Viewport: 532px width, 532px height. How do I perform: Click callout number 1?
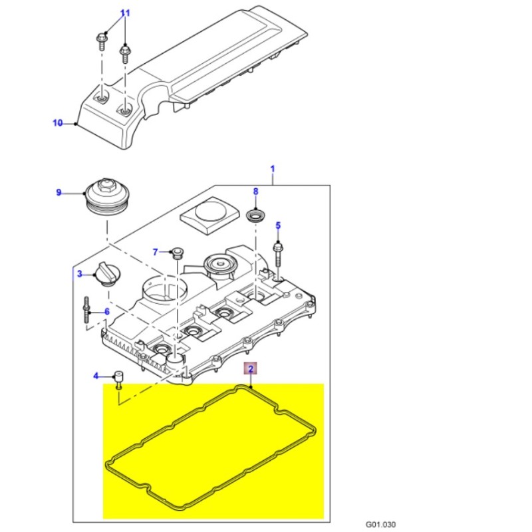tap(273, 169)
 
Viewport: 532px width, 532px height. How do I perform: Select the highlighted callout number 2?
tap(251, 368)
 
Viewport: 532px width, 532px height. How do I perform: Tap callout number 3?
tap(79, 274)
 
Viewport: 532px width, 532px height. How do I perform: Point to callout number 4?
tap(96, 376)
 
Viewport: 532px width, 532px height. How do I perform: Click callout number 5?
tap(278, 225)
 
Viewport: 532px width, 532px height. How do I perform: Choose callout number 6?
tap(106, 312)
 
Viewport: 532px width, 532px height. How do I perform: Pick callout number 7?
tap(156, 252)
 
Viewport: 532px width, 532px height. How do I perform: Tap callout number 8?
tap(255, 192)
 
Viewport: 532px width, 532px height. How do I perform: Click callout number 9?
tap(59, 193)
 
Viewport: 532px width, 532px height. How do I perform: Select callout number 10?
tap(57, 123)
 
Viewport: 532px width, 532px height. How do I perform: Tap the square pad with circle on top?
tap(209, 213)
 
